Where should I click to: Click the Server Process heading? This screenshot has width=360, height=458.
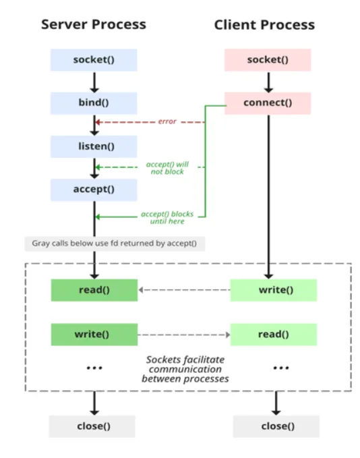click(x=94, y=24)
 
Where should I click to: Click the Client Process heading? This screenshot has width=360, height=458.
click(x=264, y=25)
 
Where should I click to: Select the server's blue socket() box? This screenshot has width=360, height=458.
click(x=94, y=60)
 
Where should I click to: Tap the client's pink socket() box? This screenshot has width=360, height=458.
click(x=268, y=60)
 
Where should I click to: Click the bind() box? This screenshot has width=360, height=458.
click(x=94, y=103)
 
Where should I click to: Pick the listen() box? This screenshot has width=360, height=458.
click(x=94, y=146)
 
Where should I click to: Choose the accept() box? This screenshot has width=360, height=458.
click(x=94, y=190)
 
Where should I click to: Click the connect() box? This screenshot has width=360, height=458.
click(x=268, y=103)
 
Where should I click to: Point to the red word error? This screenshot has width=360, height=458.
click(x=167, y=122)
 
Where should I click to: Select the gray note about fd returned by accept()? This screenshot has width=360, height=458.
click(x=114, y=243)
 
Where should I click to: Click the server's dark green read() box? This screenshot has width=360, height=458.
click(x=94, y=290)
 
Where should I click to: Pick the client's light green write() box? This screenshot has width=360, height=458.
click(x=273, y=290)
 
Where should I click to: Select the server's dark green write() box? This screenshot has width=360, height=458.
click(x=94, y=334)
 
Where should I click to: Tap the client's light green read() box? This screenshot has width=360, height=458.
click(x=273, y=334)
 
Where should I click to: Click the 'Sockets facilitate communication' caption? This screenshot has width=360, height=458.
click(x=185, y=369)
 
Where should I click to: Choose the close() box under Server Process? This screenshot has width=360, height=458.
click(x=92, y=426)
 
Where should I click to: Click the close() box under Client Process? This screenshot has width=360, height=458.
click(x=276, y=426)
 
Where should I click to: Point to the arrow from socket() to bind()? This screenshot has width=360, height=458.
click(x=94, y=82)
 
